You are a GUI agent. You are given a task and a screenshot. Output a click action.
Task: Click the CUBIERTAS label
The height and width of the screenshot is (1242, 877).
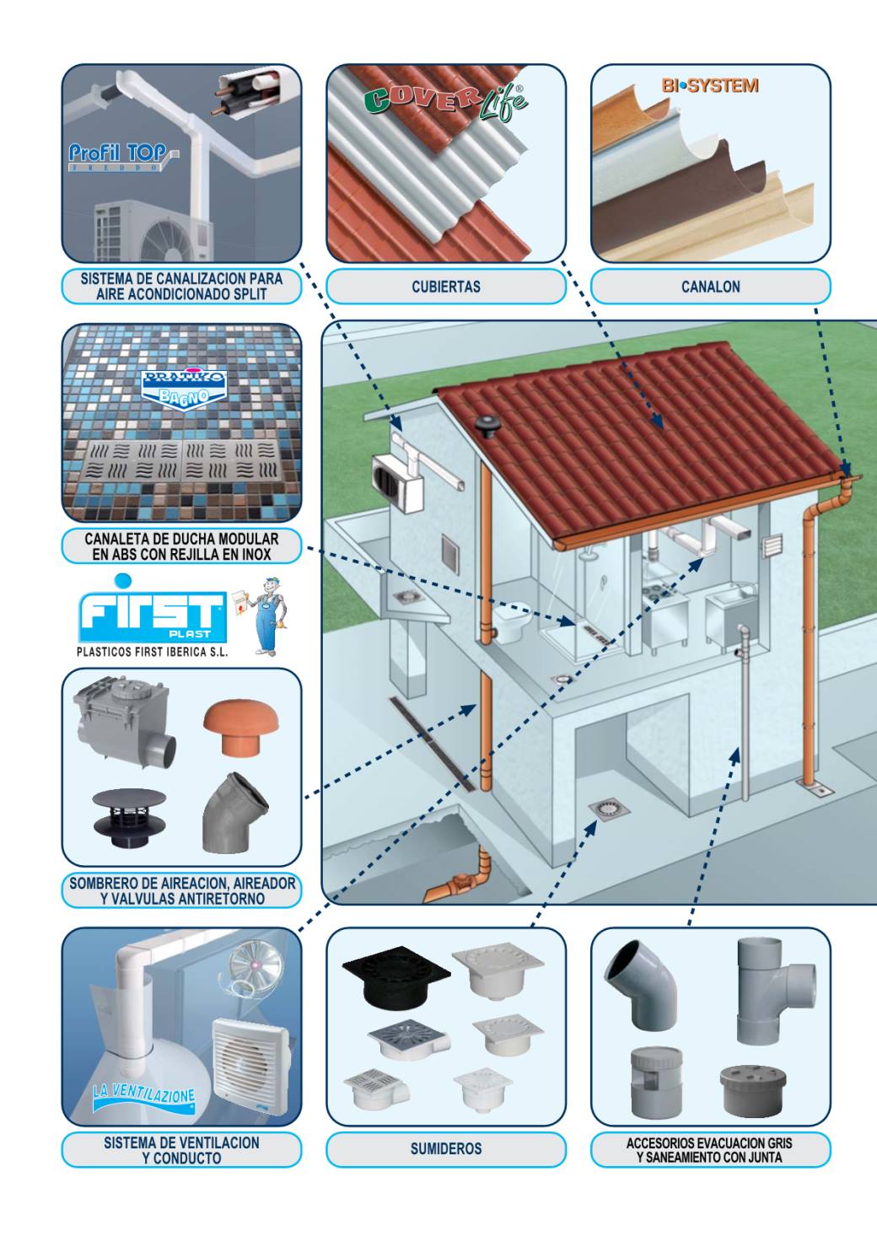(446, 287)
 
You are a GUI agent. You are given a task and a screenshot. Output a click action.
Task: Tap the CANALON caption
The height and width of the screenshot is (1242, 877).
(710, 287)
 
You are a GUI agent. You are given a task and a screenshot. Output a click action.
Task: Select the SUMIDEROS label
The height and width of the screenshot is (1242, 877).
(446, 1148)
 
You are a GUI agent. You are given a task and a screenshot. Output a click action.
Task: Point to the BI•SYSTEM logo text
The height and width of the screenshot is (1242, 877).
(710, 86)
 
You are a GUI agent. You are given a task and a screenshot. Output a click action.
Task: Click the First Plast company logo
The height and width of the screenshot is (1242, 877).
(153, 610)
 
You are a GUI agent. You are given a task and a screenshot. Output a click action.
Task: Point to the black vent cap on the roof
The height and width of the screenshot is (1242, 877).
(487, 426)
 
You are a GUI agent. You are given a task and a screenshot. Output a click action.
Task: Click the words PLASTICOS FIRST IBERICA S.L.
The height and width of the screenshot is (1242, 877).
(153, 652)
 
